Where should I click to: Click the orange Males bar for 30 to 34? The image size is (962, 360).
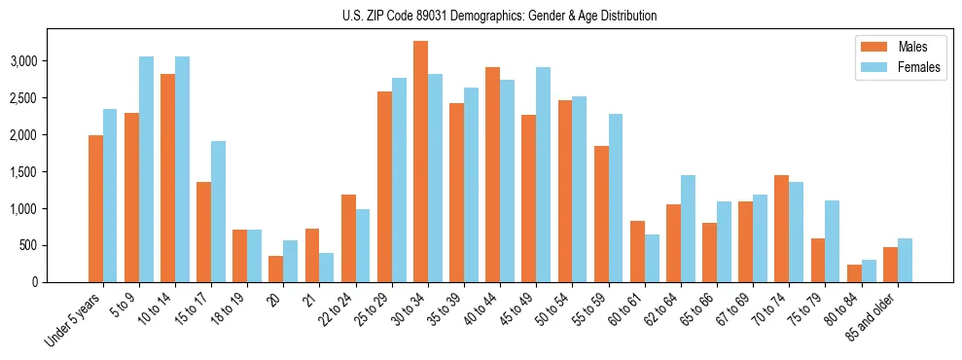pyautogui.click(x=421, y=162)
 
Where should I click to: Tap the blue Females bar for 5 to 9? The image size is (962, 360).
pyautogui.click(x=146, y=169)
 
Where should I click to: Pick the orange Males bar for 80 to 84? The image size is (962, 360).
pyautogui.click(x=855, y=273)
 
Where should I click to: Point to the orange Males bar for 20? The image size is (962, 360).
pyautogui.click(x=276, y=270)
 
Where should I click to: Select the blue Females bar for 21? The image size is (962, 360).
pyautogui.click(x=327, y=268)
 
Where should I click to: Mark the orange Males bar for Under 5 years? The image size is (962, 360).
pyautogui.click(x=95, y=209)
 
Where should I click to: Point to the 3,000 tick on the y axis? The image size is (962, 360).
pyautogui.click(x=52, y=60)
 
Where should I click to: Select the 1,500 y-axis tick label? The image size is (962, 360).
pyautogui.click(x=52, y=171)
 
